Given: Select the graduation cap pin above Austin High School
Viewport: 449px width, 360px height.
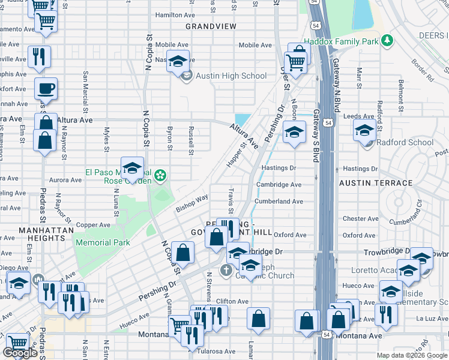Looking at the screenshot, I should point(178,62).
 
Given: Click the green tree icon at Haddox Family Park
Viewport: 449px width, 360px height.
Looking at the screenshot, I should point(388,41).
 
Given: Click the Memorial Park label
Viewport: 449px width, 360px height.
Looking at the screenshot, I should point(103,242).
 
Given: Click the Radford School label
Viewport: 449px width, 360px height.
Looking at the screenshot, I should point(405,142).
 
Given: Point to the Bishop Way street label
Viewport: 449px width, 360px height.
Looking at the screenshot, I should point(191,203).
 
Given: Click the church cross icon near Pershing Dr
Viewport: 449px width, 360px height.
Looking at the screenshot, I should point(226,270).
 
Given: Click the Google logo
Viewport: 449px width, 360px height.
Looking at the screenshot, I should point(20,353).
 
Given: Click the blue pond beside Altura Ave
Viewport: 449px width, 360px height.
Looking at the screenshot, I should point(243,119).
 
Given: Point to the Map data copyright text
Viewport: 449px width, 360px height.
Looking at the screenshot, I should point(411,355).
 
